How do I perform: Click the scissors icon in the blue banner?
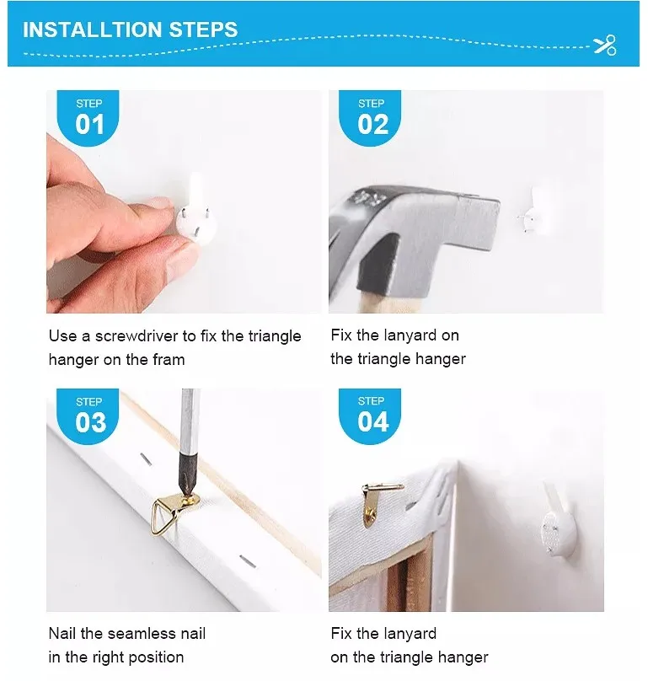pos(605,46)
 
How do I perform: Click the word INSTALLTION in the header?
pos(92,29)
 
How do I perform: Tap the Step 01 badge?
pos(88,118)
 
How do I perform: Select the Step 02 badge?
pos(370,118)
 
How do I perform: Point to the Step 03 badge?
pos(88,416)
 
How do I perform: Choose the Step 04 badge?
pos(370,416)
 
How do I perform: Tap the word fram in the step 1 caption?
pos(169,360)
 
